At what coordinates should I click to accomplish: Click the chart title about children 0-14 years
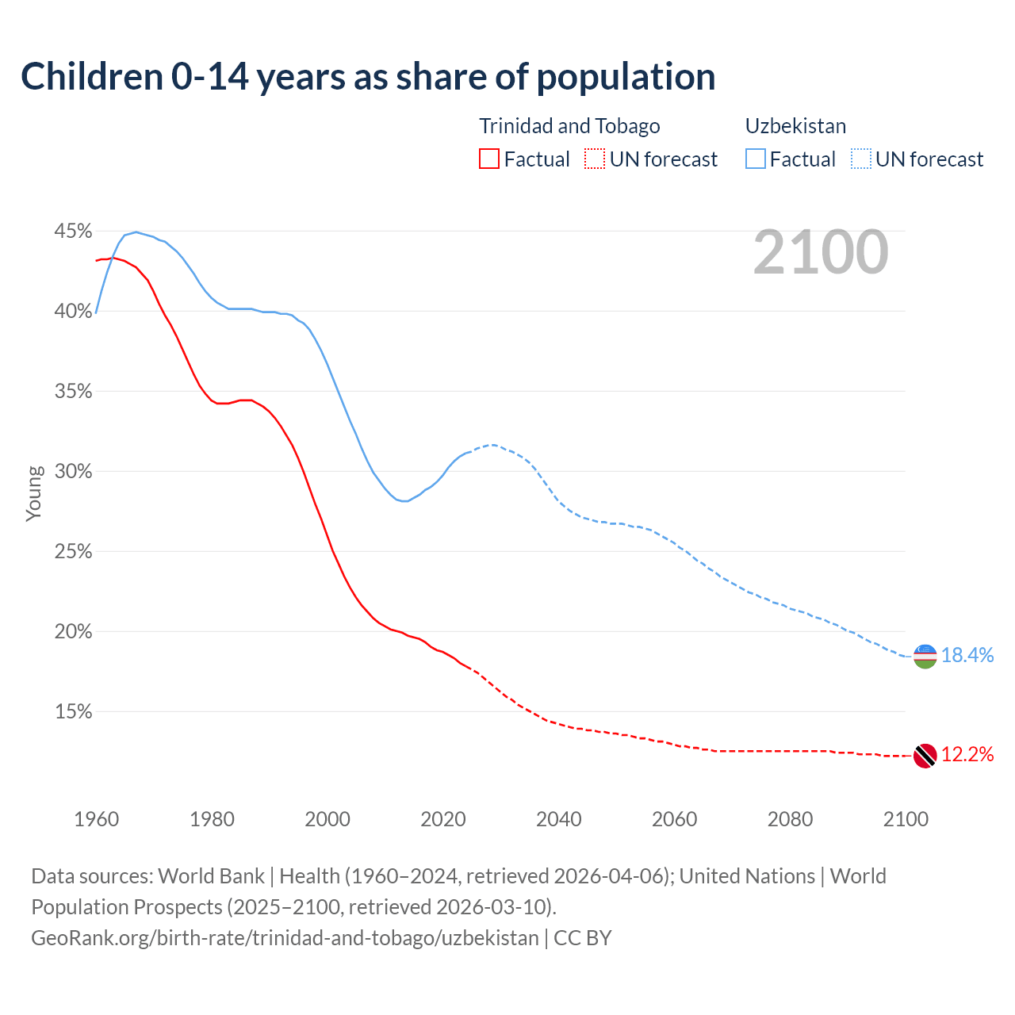click(x=368, y=77)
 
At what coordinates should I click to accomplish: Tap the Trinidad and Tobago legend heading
click(x=569, y=126)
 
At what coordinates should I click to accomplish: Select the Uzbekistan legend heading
click(x=795, y=126)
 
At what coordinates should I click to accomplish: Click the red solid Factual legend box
click(x=489, y=159)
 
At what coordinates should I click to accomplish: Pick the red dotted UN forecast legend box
click(x=595, y=159)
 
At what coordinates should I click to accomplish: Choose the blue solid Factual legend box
click(x=756, y=159)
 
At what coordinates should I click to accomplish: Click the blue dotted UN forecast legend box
click(x=861, y=159)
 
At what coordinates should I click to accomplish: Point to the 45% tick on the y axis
click(x=73, y=232)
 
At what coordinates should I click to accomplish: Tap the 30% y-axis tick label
click(x=73, y=472)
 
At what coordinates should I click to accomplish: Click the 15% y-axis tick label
click(x=73, y=712)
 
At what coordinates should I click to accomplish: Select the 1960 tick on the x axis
click(x=96, y=819)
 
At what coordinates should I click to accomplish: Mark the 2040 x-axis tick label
click(x=558, y=819)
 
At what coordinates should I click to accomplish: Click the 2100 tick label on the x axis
click(x=906, y=819)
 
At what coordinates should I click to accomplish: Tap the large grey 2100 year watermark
click(x=821, y=252)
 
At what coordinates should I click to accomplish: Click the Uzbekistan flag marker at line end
click(x=925, y=657)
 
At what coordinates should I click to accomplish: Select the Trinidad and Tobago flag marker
click(x=925, y=756)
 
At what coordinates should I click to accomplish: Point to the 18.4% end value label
click(x=967, y=655)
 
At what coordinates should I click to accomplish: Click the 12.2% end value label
click(x=967, y=754)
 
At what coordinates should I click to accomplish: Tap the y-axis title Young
click(x=34, y=493)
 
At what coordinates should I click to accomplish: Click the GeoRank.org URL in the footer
click(x=285, y=937)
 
